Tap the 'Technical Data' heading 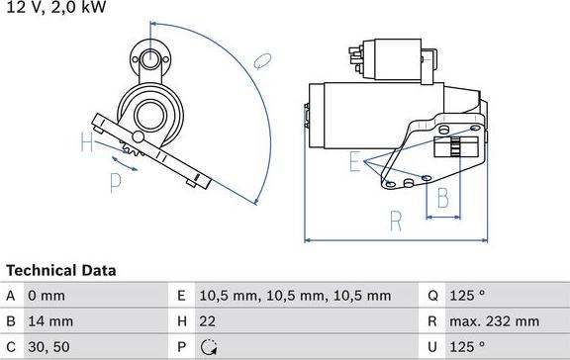tap(61, 270)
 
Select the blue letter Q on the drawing tap(262, 61)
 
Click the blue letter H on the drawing tap(88, 143)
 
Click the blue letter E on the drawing tap(354, 163)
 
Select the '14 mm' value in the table tap(51, 321)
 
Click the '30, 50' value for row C tap(49, 347)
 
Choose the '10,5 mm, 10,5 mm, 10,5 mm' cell tap(294, 296)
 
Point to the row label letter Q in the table tap(433, 296)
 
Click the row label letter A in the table tap(11, 296)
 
